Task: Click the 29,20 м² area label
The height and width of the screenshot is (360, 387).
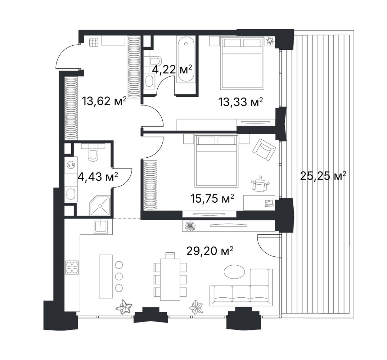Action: tap(210, 251)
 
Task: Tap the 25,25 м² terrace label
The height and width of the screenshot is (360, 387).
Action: tap(323, 176)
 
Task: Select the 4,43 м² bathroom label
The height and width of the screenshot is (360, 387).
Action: tap(98, 177)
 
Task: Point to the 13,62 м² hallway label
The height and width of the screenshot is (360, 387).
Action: tap(104, 101)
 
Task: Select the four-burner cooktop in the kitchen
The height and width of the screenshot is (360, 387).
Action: tap(72, 267)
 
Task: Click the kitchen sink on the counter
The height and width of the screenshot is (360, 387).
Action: tap(101, 226)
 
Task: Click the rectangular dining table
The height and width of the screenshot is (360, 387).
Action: tap(170, 279)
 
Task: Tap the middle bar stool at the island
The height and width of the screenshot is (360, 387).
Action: tap(119, 276)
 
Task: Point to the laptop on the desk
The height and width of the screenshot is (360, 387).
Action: tap(269, 203)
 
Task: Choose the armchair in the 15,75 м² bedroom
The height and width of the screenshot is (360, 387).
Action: tap(264, 149)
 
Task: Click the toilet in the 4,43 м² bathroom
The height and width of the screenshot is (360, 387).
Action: tap(93, 153)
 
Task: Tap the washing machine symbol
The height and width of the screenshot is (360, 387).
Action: tap(71, 165)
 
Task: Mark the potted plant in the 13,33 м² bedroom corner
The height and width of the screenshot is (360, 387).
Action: tap(270, 41)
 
